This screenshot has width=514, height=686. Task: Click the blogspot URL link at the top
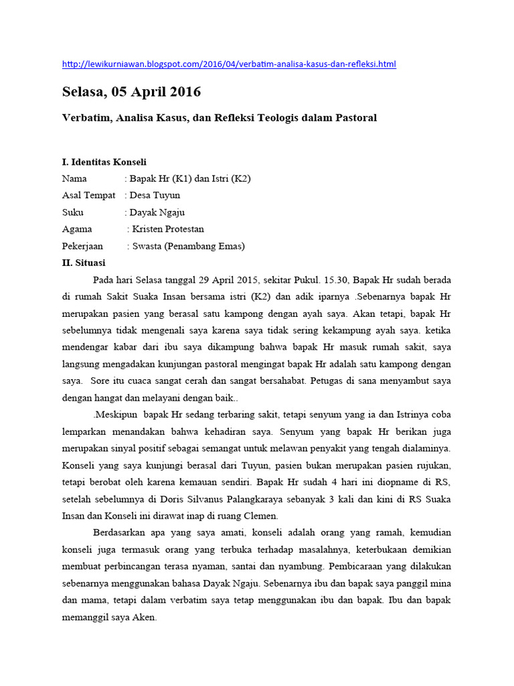point(229,64)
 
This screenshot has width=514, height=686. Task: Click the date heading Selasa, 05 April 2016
point(131,92)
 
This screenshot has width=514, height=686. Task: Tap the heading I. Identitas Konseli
point(104,162)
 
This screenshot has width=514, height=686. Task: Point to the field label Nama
point(74,179)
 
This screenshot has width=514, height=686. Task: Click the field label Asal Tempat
point(88,196)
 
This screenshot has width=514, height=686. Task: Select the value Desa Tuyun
point(155,196)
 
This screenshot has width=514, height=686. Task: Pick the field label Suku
point(72,212)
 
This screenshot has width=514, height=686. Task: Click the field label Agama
point(77,229)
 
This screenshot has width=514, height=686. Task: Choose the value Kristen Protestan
point(168,229)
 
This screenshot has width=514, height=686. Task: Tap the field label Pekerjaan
point(83,246)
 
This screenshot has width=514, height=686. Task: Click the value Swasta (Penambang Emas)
point(188,246)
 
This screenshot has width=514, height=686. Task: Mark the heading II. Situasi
point(83,263)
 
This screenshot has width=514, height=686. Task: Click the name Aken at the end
point(143,618)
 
